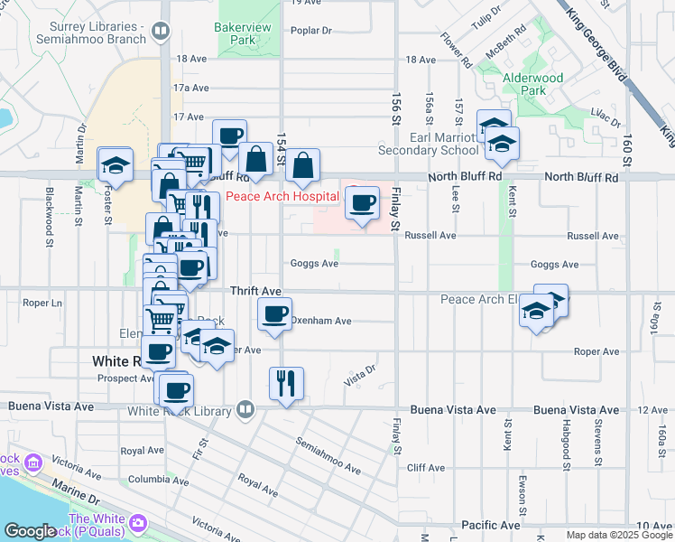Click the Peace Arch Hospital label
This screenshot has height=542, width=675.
[x=282, y=197]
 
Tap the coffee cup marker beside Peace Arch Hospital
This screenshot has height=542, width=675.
[x=363, y=203]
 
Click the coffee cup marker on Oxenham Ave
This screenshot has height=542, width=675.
[x=274, y=314]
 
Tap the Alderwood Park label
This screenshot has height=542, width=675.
[x=532, y=84]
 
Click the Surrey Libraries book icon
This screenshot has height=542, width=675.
[x=160, y=33]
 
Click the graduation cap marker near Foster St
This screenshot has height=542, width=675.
[x=116, y=164]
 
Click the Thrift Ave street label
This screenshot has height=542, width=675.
[x=256, y=291]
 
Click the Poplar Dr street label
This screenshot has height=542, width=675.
[x=311, y=31]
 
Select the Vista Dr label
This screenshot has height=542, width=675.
[x=359, y=371]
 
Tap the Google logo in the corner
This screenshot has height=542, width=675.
[x=30, y=531]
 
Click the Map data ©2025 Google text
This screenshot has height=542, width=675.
[x=619, y=535]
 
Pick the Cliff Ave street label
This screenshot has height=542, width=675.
[x=426, y=468]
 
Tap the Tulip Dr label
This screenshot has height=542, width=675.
[x=485, y=17]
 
